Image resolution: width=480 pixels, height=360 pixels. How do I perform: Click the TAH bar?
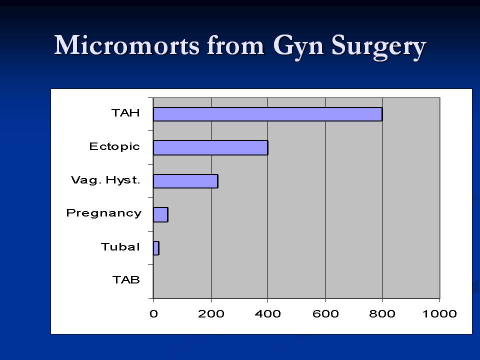pos(267,114)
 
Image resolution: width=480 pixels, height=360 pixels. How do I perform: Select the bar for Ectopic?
pos(210,147)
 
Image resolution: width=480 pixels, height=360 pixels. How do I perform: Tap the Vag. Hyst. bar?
pos(185,181)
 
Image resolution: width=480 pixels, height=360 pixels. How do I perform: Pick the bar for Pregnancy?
pos(160,214)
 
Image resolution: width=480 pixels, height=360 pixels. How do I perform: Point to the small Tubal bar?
pos(156,248)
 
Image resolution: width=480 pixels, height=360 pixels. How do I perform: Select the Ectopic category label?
pos(114,146)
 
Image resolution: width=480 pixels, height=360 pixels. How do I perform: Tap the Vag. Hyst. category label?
pos(105,180)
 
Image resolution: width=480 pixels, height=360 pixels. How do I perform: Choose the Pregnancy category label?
pos(104,213)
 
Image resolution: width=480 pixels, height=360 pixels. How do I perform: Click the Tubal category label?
pos(120,247)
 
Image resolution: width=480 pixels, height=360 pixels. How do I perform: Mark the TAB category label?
pos(125,280)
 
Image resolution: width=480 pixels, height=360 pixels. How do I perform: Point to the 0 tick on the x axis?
pos(153,314)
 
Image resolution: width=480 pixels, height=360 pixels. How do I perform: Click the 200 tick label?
pos(211,314)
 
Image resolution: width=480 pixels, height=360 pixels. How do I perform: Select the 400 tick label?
pos(268,314)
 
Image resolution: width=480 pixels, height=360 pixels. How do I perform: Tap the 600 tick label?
pos(325,314)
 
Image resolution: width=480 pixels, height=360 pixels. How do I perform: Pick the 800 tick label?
pos(382,314)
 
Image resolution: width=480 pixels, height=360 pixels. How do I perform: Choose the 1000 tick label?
pos(439,314)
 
